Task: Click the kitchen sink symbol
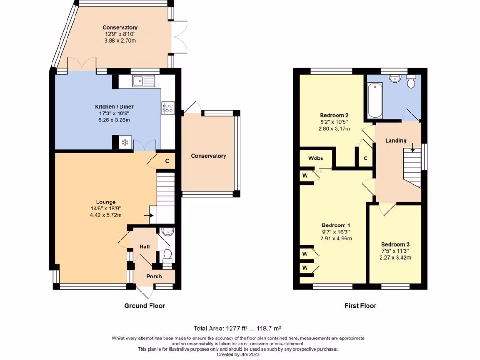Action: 144,81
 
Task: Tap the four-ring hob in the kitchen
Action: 169,108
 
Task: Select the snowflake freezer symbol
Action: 125,142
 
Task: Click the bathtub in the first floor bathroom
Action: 375,100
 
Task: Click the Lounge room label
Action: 105,202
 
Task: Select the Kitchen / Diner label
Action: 114,107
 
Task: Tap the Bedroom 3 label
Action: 395,244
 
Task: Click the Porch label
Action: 154,277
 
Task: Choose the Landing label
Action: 396,141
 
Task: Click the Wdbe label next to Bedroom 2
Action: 315,158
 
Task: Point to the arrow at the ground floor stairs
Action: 149,215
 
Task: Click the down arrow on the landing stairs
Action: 412,148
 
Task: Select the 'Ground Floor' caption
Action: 144,306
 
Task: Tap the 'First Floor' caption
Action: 360,306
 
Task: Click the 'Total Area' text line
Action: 238,329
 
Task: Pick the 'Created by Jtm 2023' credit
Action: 238,354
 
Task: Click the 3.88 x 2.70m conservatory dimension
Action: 120,40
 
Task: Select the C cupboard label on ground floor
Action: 167,161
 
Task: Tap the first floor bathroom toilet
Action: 411,81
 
